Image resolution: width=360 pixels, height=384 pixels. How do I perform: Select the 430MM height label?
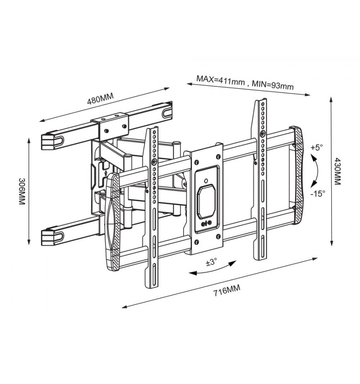pos(337,171)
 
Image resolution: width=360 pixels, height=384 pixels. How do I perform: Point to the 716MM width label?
pos(227,290)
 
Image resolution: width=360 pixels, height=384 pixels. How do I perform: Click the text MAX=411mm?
pos(220,80)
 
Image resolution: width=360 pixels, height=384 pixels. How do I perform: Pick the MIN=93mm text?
pos(273,85)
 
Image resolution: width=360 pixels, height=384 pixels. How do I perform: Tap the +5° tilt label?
pos(317,148)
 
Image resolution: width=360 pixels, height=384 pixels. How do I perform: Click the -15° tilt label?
pos(318,194)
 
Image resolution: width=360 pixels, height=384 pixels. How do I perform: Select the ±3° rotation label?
pos(212,262)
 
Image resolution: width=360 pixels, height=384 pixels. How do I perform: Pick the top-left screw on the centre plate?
pos(196,162)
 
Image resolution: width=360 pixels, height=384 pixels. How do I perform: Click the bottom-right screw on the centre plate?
pos(218,236)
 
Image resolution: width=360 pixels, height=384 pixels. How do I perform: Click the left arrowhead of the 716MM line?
pos(125,307)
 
